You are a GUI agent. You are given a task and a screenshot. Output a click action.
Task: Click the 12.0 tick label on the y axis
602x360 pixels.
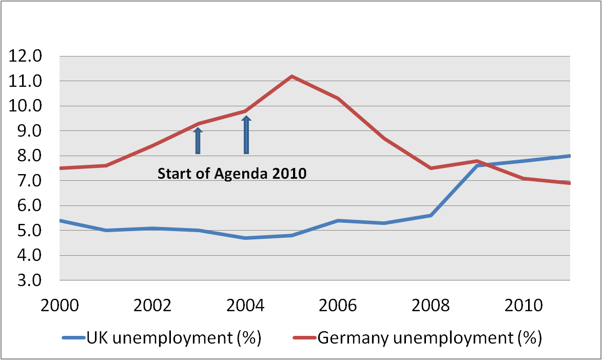pos(29,56)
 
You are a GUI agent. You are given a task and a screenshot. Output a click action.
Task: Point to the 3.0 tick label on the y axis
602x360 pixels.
pos(29,280)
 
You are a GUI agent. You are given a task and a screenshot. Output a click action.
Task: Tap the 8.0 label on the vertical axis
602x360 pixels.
pos(29,156)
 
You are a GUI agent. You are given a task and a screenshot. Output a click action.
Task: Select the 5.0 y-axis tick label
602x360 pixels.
pos(29,231)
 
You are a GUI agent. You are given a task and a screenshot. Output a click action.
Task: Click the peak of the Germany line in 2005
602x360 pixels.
pos(292,77)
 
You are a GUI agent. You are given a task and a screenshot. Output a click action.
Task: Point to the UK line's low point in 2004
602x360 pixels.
pos(245,238)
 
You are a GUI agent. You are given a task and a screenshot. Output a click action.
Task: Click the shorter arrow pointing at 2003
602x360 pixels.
pos(198,141)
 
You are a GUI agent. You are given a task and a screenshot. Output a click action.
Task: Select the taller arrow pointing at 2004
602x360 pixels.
pos(246,135)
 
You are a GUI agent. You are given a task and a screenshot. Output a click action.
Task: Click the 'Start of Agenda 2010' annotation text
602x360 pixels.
pos(231,174)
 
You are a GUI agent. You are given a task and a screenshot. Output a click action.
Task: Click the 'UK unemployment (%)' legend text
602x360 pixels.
pos(175,338)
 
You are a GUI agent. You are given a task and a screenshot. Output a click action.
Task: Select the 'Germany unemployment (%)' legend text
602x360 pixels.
pos(430,338)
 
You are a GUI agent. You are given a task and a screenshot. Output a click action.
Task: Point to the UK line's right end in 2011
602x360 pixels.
pos(570,156)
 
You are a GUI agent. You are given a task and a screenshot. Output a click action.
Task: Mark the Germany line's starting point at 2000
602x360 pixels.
pos(61,168)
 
